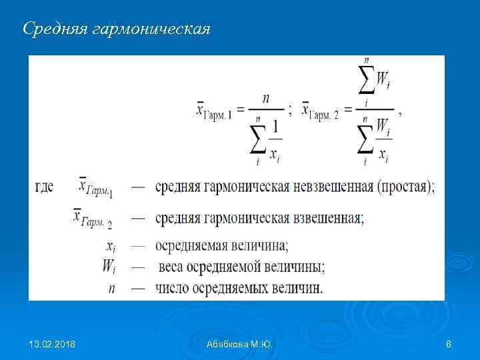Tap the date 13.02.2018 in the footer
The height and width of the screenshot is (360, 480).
point(52,344)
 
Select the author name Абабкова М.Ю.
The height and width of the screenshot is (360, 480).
point(239,344)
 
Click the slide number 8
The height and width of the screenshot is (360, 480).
point(448,344)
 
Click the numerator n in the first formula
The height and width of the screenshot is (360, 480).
point(266,98)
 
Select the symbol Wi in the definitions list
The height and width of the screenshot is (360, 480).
point(110,266)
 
